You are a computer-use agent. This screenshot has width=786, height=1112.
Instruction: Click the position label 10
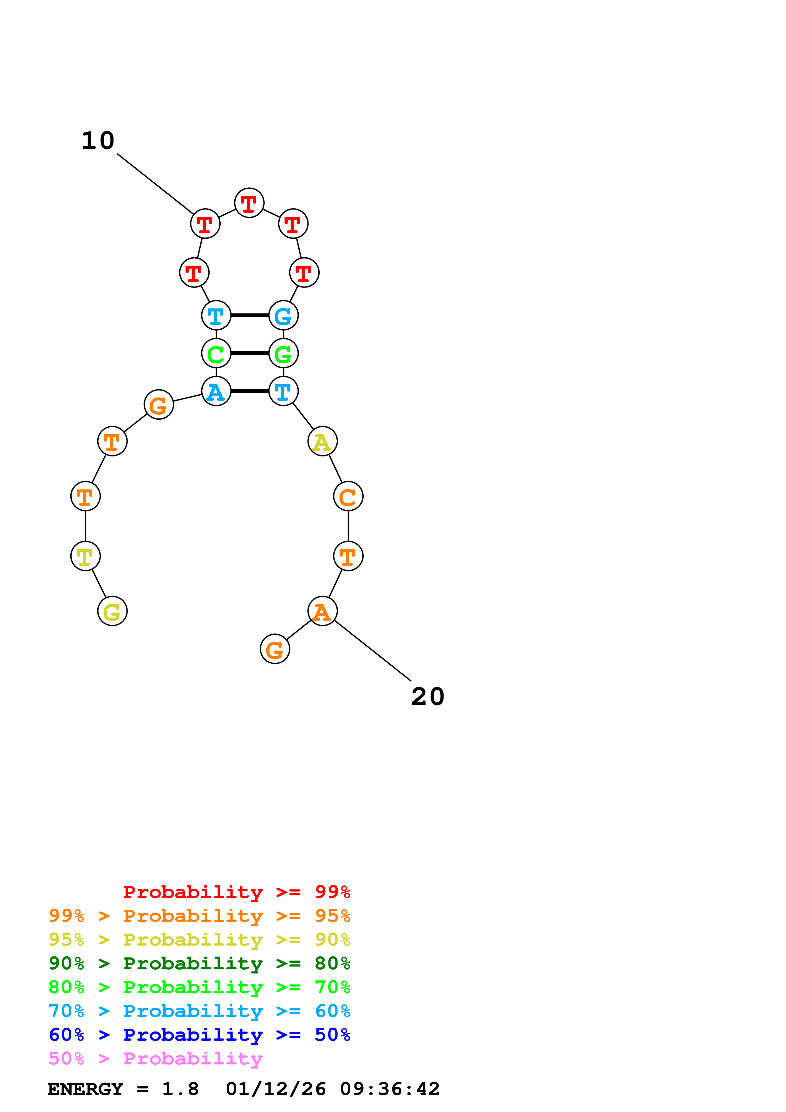tap(98, 141)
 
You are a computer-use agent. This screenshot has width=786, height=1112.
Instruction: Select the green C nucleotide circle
tap(216, 353)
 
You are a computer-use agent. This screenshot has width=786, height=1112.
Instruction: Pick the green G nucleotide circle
tap(283, 353)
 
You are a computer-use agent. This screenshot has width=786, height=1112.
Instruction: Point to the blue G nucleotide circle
tap(283, 316)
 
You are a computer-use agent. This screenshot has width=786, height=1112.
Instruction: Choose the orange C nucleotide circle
tap(348, 496)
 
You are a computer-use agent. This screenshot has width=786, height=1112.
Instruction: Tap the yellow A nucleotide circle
tap(322, 442)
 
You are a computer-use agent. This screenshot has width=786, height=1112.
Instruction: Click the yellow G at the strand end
tap(112, 611)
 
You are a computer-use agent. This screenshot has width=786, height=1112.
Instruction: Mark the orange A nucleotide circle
tap(322, 611)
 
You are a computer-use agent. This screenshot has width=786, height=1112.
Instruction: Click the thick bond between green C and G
tap(250, 353)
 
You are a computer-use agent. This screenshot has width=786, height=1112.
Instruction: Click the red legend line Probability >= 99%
tap(236, 892)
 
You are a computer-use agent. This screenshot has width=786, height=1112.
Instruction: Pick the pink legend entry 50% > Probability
tap(155, 1059)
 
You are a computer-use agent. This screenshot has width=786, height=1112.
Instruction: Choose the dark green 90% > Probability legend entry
tap(199, 963)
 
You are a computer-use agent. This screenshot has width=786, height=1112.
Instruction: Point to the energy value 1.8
tap(180, 1089)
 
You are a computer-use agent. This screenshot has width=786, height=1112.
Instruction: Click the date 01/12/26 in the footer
tap(276, 1089)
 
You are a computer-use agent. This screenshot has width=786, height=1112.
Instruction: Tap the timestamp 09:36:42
tap(390, 1089)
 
